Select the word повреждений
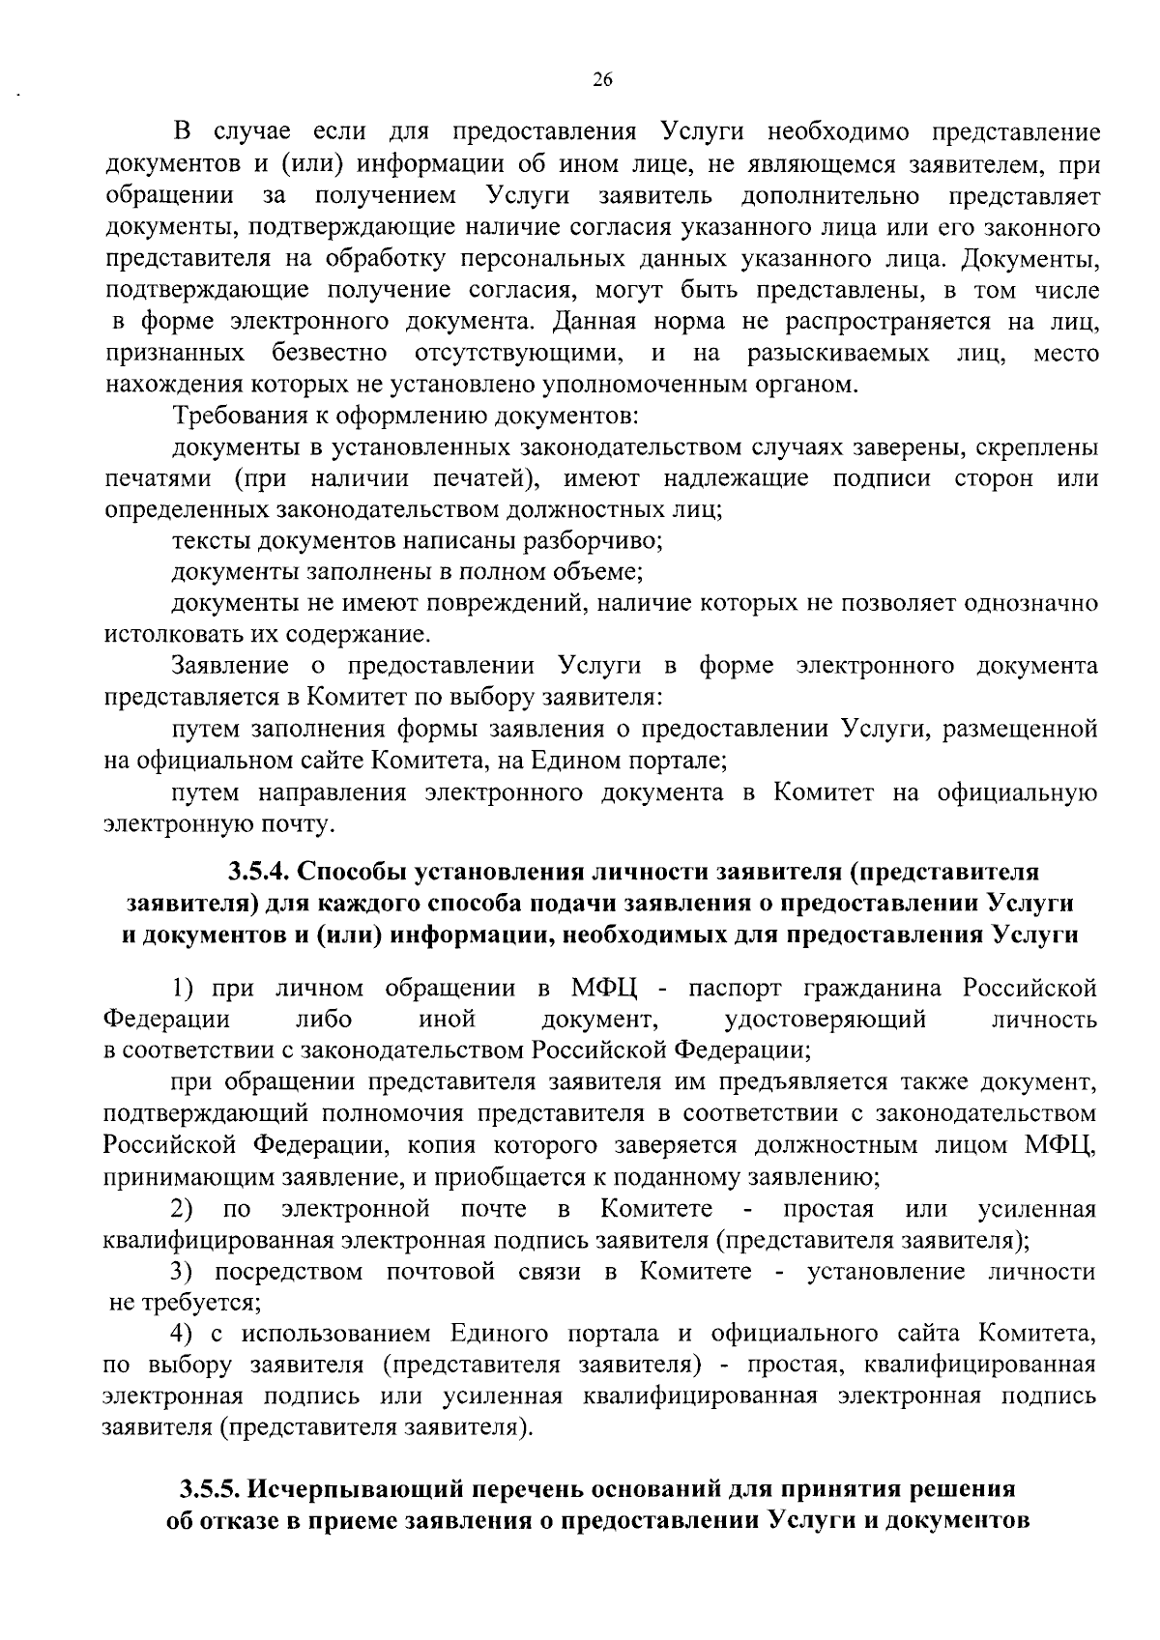coord(509,604)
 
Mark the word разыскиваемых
coord(839,353)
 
